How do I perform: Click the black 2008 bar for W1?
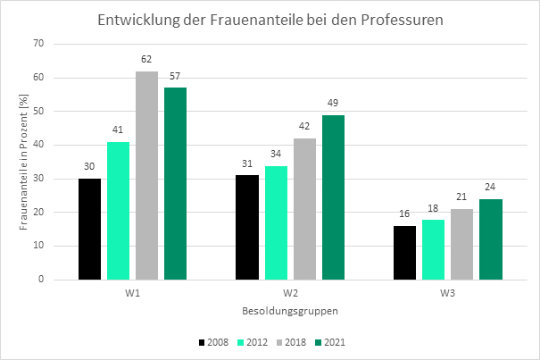[90, 229]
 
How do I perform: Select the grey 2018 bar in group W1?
[147, 175]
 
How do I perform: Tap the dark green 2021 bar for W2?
[333, 197]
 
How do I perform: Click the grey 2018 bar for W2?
[304, 209]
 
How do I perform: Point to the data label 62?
[147, 60]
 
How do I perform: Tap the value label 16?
[404, 214]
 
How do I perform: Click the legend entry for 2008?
[214, 342]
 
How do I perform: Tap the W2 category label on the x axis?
[290, 291]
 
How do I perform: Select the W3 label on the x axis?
[447, 291]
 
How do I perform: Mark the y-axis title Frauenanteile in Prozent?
[24, 162]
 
